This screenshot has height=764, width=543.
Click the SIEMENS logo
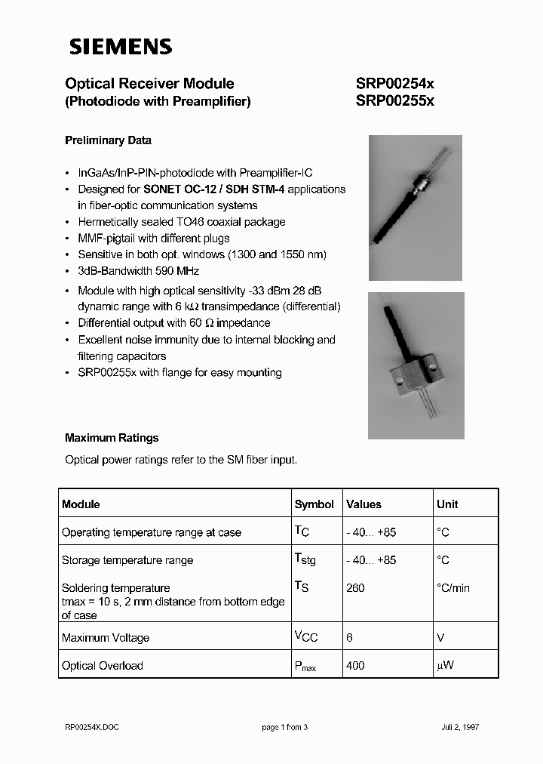(121, 47)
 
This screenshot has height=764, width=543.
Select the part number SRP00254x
(394, 85)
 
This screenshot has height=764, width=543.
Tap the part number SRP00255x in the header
(394, 101)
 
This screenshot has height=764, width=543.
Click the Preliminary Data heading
(108, 140)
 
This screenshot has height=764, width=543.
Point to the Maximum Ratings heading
(112, 438)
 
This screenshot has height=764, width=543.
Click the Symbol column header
(314, 504)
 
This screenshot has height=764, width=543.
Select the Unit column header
(447, 504)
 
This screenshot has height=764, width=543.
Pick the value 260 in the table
(355, 588)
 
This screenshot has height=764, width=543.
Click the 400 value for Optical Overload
(355, 666)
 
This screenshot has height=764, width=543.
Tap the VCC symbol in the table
(306, 637)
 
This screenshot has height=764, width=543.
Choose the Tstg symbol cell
(306, 560)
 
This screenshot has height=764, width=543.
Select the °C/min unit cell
(453, 588)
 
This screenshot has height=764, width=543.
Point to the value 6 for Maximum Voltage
(350, 638)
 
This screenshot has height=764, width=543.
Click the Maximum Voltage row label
(106, 638)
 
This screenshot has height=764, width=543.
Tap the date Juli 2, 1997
(460, 727)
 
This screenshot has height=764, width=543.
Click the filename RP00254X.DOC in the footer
(92, 727)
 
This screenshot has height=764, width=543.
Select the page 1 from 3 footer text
(285, 727)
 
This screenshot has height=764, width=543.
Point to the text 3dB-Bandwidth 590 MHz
(139, 271)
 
